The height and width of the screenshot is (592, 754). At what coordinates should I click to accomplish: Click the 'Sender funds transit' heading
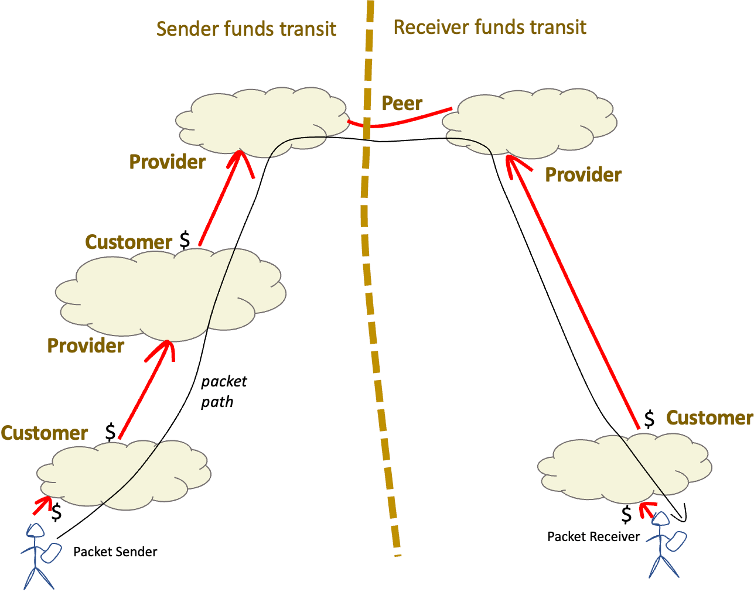click(x=246, y=29)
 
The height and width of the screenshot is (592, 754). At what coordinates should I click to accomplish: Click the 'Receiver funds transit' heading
click(x=490, y=27)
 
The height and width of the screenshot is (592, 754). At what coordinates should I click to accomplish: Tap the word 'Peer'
click(x=402, y=103)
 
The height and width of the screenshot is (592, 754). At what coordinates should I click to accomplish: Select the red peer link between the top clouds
click(x=399, y=123)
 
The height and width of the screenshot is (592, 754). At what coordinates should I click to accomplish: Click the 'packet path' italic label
click(x=223, y=392)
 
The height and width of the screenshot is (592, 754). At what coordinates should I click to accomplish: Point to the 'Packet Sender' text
click(x=115, y=552)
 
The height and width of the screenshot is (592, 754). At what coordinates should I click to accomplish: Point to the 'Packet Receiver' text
click(x=593, y=536)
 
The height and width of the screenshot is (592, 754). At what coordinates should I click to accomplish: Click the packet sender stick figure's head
click(x=36, y=530)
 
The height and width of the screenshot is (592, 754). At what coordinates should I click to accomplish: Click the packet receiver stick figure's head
click(x=661, y=519)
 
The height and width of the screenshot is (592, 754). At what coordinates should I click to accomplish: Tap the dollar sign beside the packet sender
click(x=57, y=512)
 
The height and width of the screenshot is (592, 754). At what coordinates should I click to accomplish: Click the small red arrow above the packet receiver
click(x=647, y=509)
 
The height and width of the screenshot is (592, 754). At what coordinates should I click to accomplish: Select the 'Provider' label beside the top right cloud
click(x=584, y=174)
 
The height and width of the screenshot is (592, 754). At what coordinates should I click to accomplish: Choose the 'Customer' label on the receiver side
click(x=709, y=418)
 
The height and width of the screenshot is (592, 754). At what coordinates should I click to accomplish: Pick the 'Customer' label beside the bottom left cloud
click(x=45, y=433)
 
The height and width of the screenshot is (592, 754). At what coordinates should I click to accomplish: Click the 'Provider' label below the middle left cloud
click(x=86, y=345)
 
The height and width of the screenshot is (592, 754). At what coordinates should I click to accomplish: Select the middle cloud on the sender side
click(x=170, y=295)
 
